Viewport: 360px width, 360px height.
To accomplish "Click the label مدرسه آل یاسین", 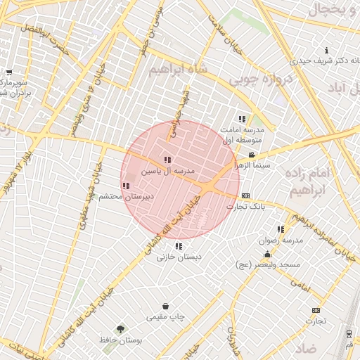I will [167, 171].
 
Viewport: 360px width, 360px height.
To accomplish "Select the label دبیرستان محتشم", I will [125, 197].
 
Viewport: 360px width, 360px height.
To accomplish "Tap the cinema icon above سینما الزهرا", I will [252, 155].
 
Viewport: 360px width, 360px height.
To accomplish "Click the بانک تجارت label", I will [245, 207].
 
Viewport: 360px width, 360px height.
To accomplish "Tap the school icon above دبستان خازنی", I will [179, 246].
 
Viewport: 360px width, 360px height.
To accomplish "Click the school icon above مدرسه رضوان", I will [281, 229].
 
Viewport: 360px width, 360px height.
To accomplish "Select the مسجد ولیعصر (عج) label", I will [268, 265].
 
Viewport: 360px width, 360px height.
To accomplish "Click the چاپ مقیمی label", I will [165, 317].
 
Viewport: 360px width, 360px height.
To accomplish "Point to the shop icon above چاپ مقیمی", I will [165, 307].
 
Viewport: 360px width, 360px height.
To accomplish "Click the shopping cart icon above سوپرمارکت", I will [9, 72].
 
